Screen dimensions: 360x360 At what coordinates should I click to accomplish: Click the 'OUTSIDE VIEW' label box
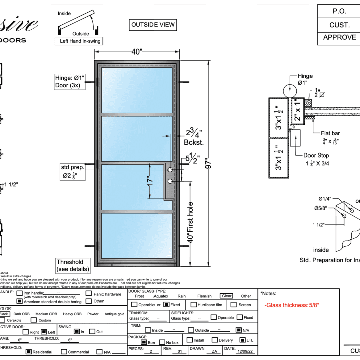[x=152, y=24]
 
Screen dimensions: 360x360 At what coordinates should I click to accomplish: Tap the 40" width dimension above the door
[x=137, y=52]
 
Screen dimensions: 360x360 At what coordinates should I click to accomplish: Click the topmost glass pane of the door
[x=137, y=89]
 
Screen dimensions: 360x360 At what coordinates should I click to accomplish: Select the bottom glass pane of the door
[x=137, y=236]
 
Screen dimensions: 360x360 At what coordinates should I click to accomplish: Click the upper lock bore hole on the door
[x=170, y=170]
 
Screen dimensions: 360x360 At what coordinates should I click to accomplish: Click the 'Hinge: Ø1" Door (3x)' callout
[x=70, y=81]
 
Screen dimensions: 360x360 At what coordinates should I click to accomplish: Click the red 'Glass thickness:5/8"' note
[x=292, y=305]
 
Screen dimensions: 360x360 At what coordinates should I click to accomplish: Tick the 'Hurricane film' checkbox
[x=194, y=305]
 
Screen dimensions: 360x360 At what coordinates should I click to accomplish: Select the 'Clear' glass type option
[x=225, y=296]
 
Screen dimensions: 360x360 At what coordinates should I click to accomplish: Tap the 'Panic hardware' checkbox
[x=89, y=294]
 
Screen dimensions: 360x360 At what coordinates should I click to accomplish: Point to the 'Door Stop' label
[x=317, y=156]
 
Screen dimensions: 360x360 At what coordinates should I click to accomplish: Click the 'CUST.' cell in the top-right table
[x=339, y=24]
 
